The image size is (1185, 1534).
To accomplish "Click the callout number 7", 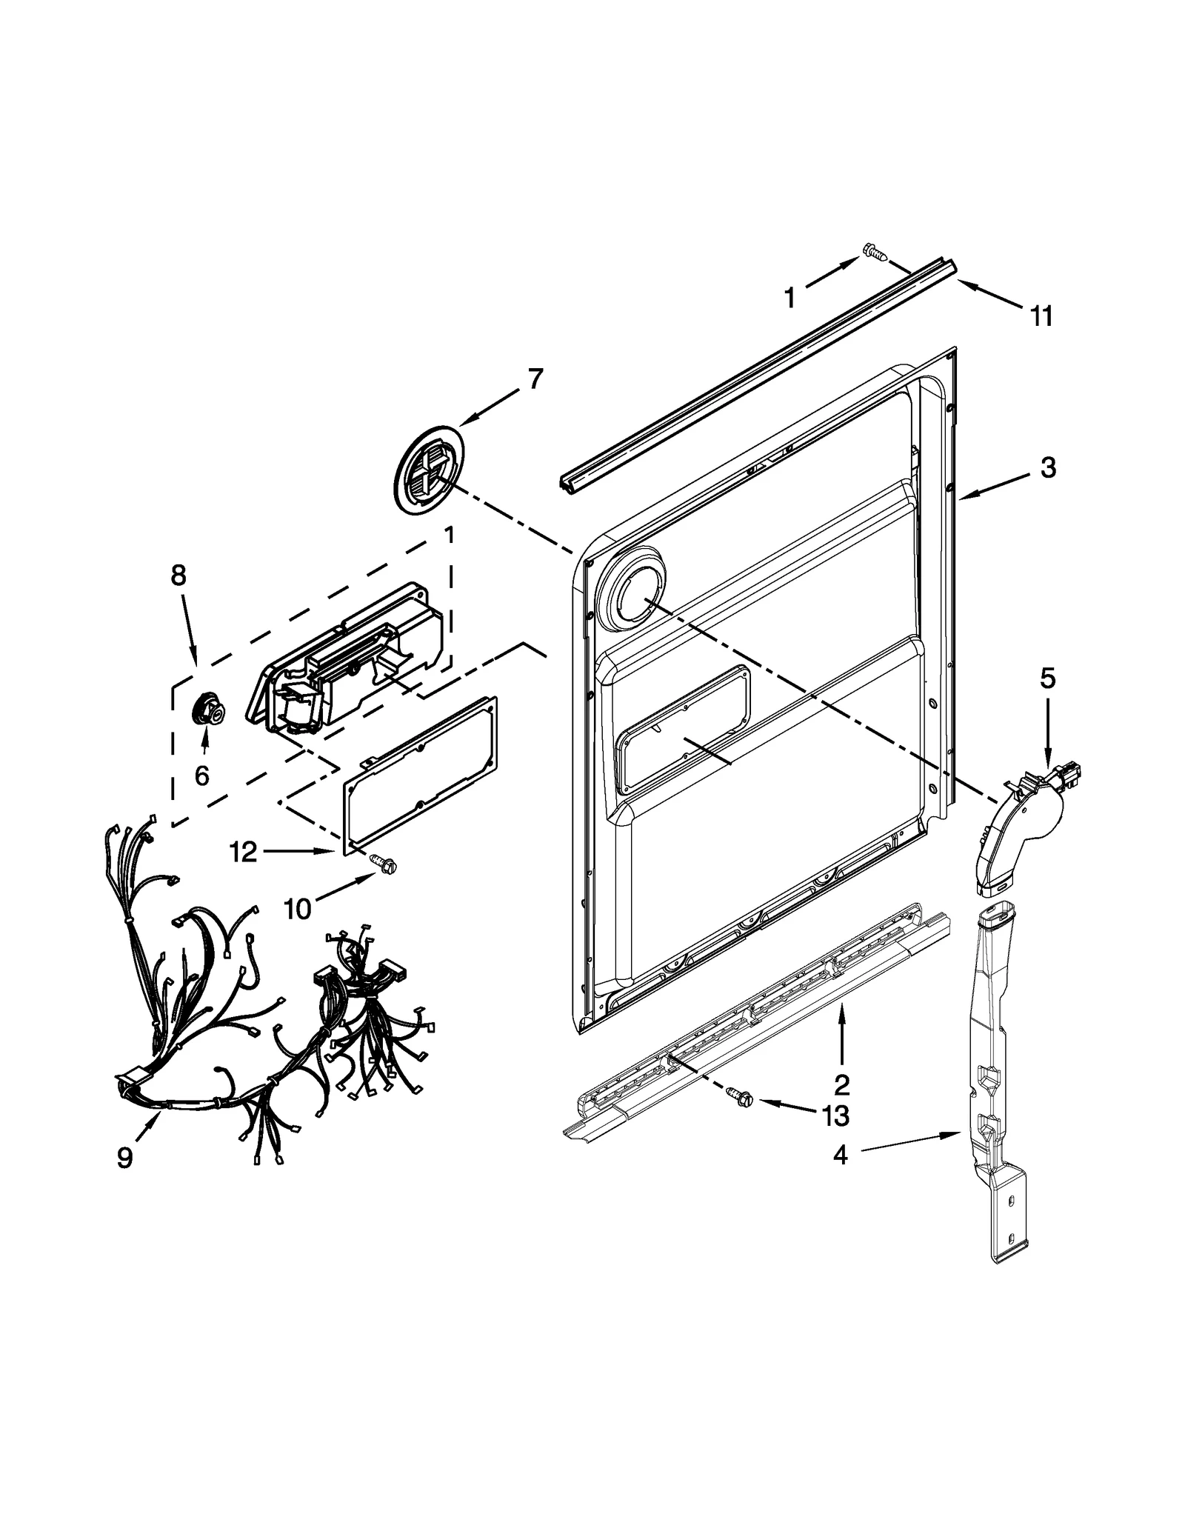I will tap(535, 379).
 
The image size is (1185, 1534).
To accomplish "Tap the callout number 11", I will tap(1041, 316).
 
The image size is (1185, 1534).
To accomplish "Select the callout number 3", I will tap(1047, 467).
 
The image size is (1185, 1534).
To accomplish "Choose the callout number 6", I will tap(201, 776).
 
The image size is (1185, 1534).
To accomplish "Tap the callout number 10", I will tap(298, 908).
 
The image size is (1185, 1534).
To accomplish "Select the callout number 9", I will tap(124, 1157).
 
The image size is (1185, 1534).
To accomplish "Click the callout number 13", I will tap(835, 1116).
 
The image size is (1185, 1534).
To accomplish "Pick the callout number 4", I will tap(839, 1175).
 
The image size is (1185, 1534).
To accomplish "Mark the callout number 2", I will tap(841, 1084).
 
